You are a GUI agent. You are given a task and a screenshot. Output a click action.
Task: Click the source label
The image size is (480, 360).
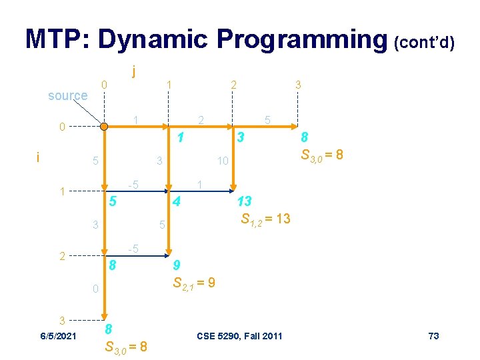67,95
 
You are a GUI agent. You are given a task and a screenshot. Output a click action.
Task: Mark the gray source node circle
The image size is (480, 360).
103,126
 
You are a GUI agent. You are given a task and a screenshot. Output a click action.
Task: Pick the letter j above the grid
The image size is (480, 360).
135,69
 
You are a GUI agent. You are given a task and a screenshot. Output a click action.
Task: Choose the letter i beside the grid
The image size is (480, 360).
38,157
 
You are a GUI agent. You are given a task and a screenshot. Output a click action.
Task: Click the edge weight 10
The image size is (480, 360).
223,161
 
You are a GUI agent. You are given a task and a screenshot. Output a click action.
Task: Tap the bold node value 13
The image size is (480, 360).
244,201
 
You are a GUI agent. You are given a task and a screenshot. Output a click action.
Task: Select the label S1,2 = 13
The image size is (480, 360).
265,219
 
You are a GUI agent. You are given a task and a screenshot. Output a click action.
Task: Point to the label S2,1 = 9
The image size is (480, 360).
193,283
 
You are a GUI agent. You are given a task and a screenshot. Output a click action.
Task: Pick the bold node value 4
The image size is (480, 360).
175,201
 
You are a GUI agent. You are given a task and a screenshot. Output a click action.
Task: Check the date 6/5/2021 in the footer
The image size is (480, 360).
57,335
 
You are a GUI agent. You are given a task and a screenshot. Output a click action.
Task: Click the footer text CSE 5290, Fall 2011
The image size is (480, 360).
240,335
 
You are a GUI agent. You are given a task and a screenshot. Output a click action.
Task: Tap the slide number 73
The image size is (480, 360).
433,335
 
